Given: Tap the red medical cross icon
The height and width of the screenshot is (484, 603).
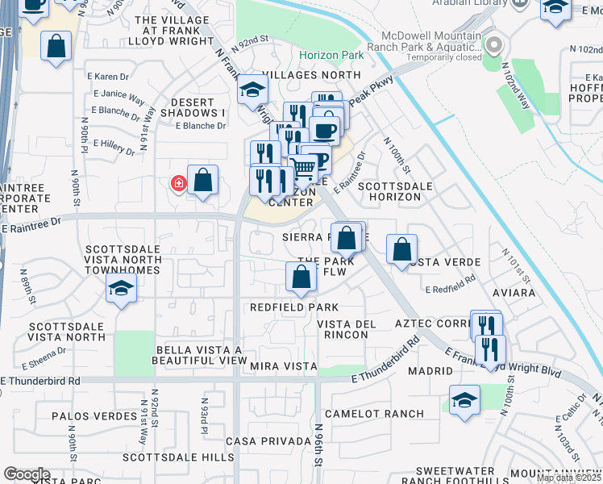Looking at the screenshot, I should [x=178, y=184].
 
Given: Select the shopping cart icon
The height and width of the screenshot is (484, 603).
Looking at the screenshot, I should [x=303, y=168].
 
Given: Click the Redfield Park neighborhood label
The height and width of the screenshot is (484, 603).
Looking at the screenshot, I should [x=293, y=307].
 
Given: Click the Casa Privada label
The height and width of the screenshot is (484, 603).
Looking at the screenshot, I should [x=268, y=441].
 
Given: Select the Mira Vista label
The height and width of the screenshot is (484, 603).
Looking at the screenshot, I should [x=284, y=366].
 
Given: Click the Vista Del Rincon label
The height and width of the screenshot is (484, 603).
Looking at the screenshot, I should [x=347, y=329].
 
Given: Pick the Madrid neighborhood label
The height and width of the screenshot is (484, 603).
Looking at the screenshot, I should [x=430, y=371].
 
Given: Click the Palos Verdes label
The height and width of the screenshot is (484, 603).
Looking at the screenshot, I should [x=94, y=416].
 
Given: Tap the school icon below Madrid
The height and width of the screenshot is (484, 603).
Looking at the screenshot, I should [x=464, y=402].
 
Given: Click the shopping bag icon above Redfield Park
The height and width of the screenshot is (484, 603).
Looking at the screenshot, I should [x=301, y=277].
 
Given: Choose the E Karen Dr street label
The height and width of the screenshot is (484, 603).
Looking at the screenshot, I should [x=112, y=77].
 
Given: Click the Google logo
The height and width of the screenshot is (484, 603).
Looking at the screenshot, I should [x=27, y=474].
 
